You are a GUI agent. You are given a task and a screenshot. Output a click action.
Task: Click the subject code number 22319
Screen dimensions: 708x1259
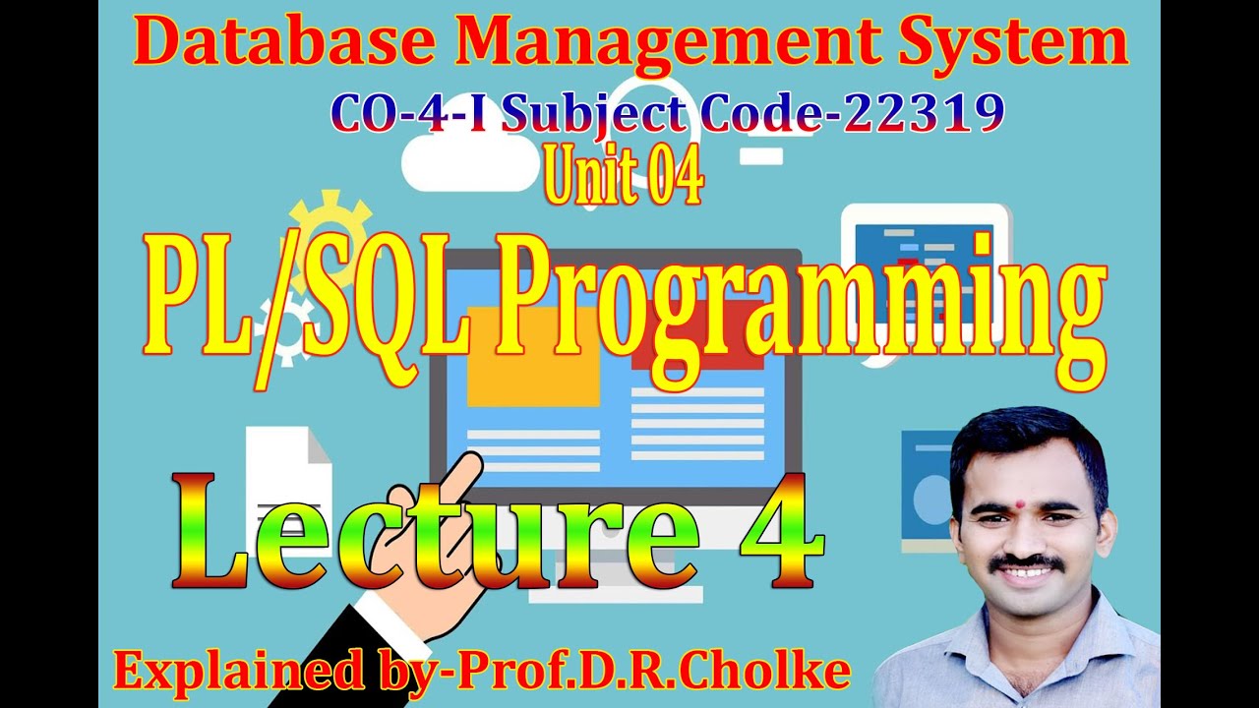926,116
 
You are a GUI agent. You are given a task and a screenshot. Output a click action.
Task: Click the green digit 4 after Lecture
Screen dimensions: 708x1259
782,531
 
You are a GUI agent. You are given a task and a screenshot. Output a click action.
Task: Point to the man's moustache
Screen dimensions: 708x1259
1026,563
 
